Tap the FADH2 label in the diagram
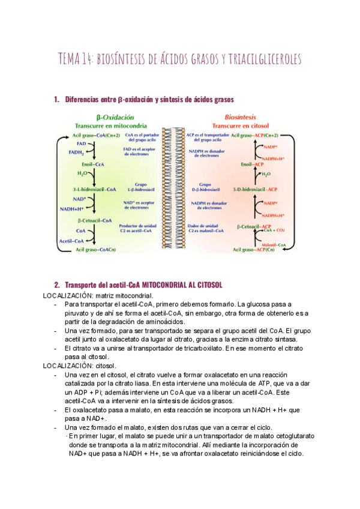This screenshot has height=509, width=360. pos(77,152)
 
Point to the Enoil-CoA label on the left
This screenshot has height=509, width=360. pos(91,163)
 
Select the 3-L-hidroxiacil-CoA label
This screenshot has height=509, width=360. pos(93,188)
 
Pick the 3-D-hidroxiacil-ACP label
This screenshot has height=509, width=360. pos(255,188)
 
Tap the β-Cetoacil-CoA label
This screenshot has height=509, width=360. pos(95,220)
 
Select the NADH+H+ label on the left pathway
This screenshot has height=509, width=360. pos(71,209)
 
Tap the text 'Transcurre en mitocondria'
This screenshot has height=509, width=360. pos(113,126)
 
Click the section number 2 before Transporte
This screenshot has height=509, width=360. pos(56,285)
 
